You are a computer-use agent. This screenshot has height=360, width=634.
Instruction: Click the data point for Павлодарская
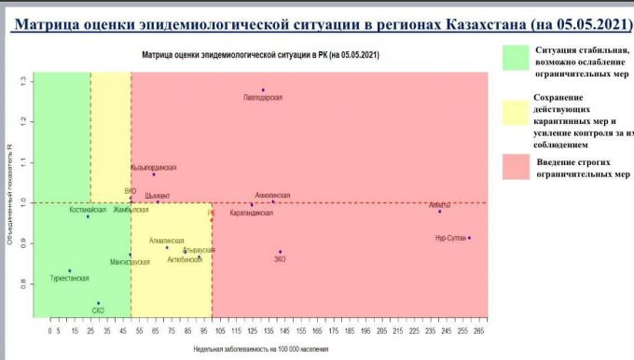263,90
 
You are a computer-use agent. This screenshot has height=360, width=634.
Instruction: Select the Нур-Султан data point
469,238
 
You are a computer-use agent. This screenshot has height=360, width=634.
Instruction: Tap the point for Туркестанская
70,270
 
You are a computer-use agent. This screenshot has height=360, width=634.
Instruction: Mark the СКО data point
99,303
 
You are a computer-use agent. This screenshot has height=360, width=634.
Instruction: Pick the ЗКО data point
280,252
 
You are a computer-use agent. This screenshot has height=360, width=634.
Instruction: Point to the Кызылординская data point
154,174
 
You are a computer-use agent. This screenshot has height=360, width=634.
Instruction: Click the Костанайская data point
89,216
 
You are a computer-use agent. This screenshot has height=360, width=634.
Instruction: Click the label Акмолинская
272,196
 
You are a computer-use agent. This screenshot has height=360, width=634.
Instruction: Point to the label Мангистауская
129,262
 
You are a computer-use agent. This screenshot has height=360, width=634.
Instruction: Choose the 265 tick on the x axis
478,329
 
